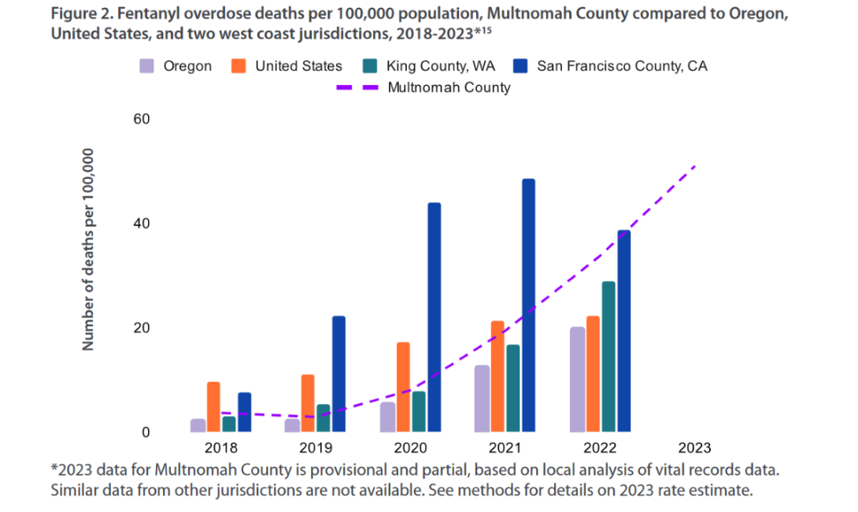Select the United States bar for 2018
[213, 407]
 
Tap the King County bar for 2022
[608, 357]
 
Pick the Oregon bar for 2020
[387, 417]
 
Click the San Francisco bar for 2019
[338, 374]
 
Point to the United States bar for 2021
[497, 377]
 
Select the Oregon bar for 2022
[577, 380]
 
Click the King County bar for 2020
[419, 412]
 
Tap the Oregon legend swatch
[146, 66]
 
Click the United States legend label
[298, 66]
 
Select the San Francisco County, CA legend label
[622, 66]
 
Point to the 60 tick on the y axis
[142, 119]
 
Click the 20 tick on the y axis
[142, 328]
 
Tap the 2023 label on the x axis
[693, 448]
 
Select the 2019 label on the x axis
[315, 448]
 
